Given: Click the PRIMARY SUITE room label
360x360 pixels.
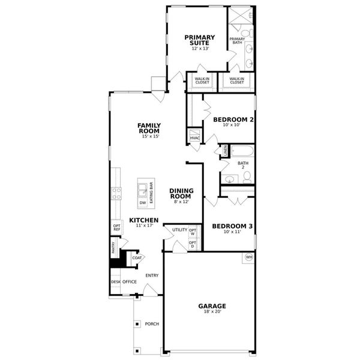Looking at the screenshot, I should click(199, 40).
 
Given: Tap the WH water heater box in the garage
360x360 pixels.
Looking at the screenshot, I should click(248, 257).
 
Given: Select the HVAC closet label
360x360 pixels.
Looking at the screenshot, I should click(195, 138).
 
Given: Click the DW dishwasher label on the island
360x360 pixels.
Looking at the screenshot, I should click(143, 203).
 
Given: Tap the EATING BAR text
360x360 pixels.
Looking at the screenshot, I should click(151, 193).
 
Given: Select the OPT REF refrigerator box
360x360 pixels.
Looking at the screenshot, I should click(117, 228).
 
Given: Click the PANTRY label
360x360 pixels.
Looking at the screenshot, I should click(113, 247).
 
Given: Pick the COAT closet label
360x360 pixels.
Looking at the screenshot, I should click(137, 258).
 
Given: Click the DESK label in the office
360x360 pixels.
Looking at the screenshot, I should click(115, 281).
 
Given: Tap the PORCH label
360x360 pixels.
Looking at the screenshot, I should click(152, 324).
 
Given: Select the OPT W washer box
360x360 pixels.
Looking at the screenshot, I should click(193, 231).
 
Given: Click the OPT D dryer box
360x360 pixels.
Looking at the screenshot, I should click(193, 244).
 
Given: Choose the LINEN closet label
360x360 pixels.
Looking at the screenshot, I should click(225, 151).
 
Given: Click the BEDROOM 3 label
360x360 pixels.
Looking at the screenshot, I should click(232, 226).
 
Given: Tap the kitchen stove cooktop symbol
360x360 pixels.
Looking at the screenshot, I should click(115, 193).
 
